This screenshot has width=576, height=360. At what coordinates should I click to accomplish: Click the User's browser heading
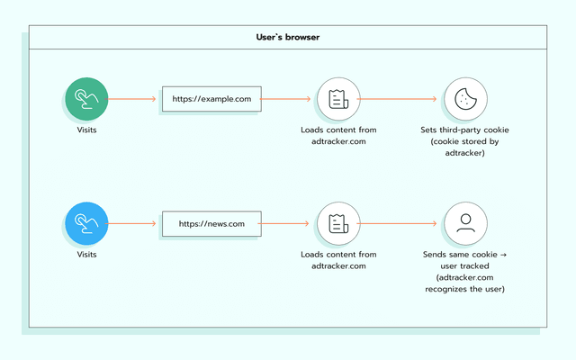click(288, 38)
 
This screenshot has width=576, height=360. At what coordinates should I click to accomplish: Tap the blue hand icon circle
click(86, 223)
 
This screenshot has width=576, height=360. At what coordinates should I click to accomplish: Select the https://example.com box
click(211, 99)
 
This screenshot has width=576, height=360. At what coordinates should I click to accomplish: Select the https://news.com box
click(211, 223)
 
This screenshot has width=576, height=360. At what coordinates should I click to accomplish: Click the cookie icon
click(465, 99)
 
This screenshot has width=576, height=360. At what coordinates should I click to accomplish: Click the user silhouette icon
click(465, 223)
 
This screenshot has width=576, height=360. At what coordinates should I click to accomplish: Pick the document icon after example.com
click(338, 99)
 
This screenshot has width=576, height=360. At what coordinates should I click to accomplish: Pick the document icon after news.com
click(338, 223)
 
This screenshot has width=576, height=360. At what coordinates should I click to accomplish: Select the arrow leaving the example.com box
click(288, 99)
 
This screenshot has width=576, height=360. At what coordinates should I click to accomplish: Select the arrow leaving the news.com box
click(288, 223)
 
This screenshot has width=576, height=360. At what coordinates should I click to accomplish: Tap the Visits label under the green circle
click(86, 130)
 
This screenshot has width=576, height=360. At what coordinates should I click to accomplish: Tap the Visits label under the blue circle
click(86, 255)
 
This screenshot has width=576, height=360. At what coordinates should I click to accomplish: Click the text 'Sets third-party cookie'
click(465, 130)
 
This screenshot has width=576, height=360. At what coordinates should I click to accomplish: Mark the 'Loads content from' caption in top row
click(338, 130)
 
